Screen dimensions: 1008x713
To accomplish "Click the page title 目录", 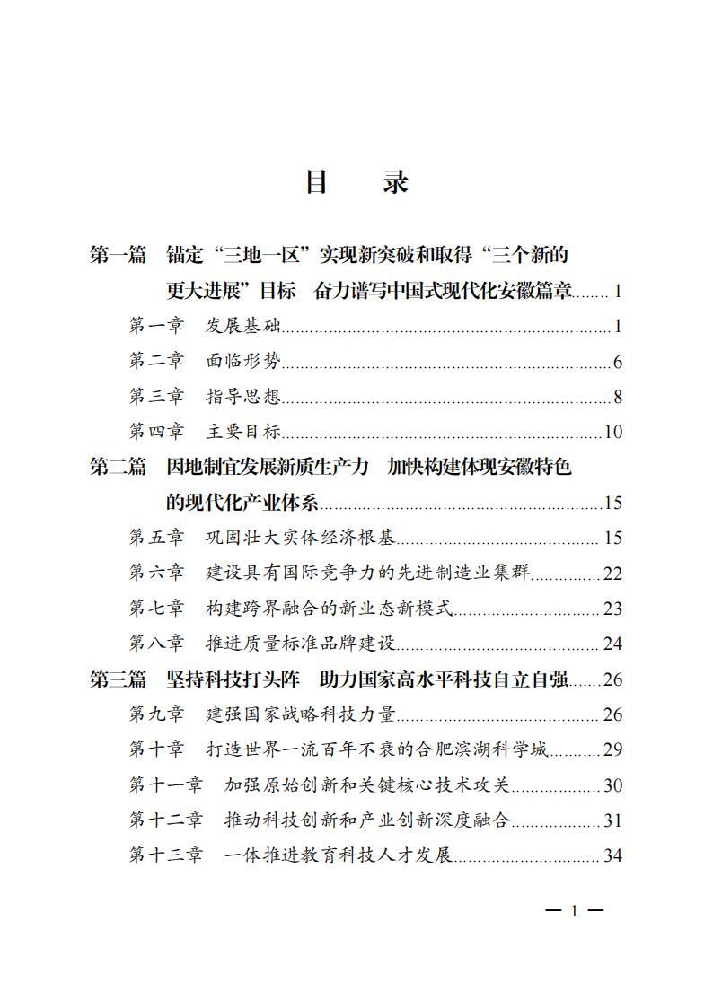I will tap(356, 182).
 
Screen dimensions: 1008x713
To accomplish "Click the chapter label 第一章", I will tap(156, 325).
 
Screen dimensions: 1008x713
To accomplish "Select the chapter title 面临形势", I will tap(243, 361).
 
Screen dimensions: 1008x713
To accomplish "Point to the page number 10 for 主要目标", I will tap(613, 432).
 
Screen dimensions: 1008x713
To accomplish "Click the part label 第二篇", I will tap(118, 467).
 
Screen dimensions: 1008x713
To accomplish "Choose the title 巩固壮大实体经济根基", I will tap(301, 538).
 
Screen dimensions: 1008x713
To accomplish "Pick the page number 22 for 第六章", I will tap(613, 574).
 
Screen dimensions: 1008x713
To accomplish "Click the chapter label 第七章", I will tap(156, 609).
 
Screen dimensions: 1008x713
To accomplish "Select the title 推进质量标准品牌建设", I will tap(301, 644).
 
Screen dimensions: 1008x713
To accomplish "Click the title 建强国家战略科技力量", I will tap(301, 714).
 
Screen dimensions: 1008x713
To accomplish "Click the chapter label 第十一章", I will tap(166, 785).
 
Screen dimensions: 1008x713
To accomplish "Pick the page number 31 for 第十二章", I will tap(613, 820).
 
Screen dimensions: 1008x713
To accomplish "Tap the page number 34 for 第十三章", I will tap(613, 855).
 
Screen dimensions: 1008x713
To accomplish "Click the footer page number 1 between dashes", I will tap(575, 912).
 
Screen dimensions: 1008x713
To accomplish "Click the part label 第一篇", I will tap(118, 255).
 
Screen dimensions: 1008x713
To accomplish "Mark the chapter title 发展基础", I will tap(243, 325).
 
